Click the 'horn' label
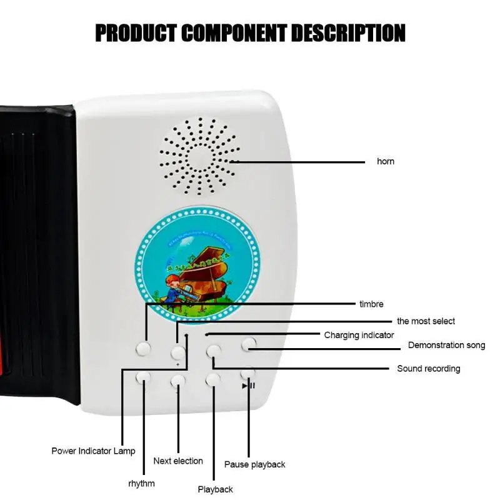pyautogui.click(x=386, y=161)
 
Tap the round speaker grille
pyautogui.click(x=199, y=156)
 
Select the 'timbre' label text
pyautogui.click(x=371, y=304)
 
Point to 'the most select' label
pyautogui.click(x=426, y=321)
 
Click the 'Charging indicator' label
pyautogui.click(x=359, y=335)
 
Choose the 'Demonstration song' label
pyautogui.click(x=446, y=345)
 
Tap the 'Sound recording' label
pyautogui.click(x=428, y=369)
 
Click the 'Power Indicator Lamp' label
pyautogui.click(x=93, y=451)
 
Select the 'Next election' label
pyautogui.click(x=178, y=461)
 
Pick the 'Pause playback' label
pyautogui.click(x=254, y=464)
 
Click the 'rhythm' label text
pyautogui.click(x=141, y=483)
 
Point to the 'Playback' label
pyautogui.click(x=215, y=489)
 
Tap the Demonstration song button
pyautogui.click(x=249, y=342)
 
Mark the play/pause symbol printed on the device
pyautogui.click(x=248, y=386)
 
